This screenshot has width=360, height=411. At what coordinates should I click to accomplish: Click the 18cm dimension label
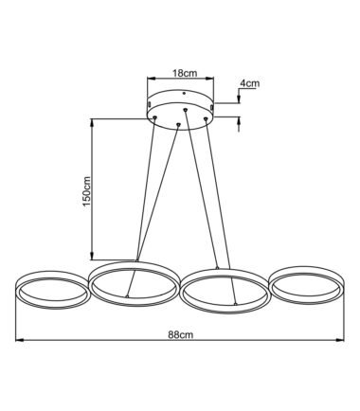[x=185, y=73]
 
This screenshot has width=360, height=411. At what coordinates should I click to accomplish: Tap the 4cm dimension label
[x=249, y=83]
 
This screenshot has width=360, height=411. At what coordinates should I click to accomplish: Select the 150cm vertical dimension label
[x=86, y=191]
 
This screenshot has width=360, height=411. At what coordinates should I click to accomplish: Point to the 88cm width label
[x=180, y=334]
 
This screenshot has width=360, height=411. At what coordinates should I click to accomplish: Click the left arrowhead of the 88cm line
[x=20, y=340]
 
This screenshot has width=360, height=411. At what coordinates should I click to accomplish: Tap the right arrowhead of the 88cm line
[x=340, y=340]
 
